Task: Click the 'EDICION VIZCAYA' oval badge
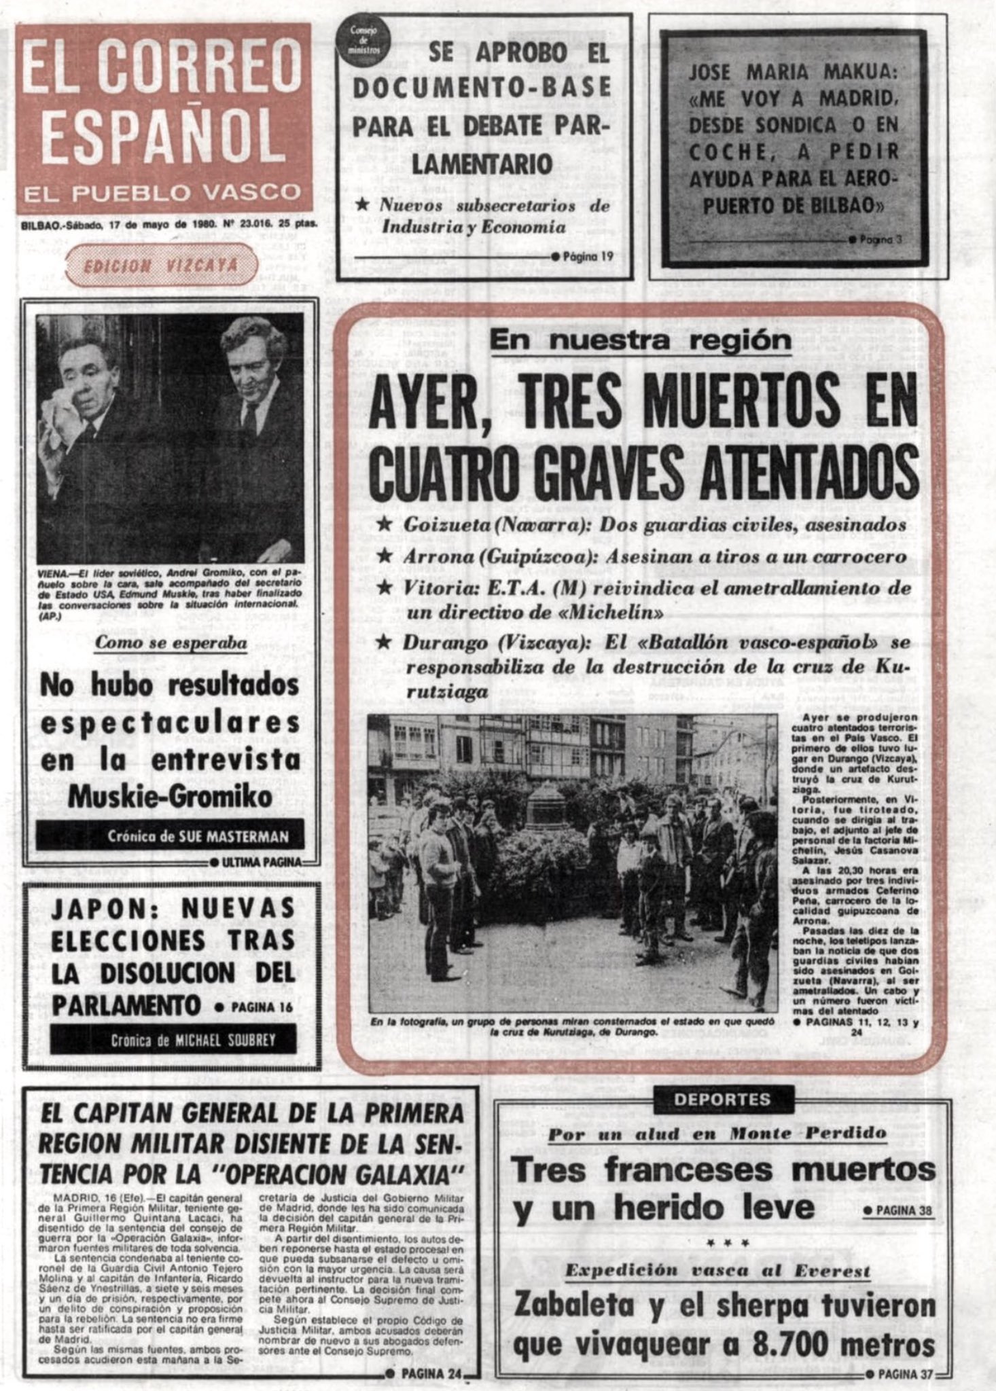(161, 266)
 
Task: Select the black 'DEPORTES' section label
(722, 1099)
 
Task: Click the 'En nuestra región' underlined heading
(640, 340)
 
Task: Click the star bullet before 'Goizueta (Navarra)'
(385, 525)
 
